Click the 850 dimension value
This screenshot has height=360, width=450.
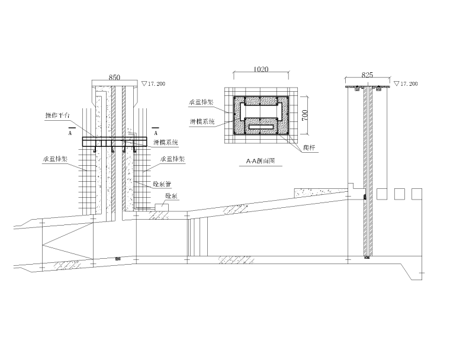pos(115,76)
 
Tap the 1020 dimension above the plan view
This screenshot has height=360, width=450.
pos(261,69)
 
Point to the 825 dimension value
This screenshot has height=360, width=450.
pos(367,75)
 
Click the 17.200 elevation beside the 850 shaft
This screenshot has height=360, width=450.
pos(156,84)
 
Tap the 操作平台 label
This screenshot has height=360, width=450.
pos(57,115)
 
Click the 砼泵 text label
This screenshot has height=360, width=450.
pos(172,195)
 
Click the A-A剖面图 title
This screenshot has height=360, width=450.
pos(261,160)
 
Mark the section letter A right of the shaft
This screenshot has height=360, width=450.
pos(156,134)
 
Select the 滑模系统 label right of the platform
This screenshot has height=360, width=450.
pos(166,143)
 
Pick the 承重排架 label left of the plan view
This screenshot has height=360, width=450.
pos(202,102)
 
